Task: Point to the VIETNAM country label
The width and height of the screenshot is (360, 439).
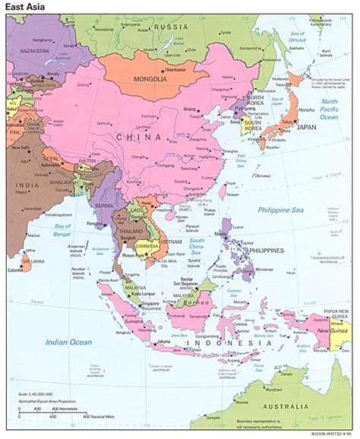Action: coord(170,241)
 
